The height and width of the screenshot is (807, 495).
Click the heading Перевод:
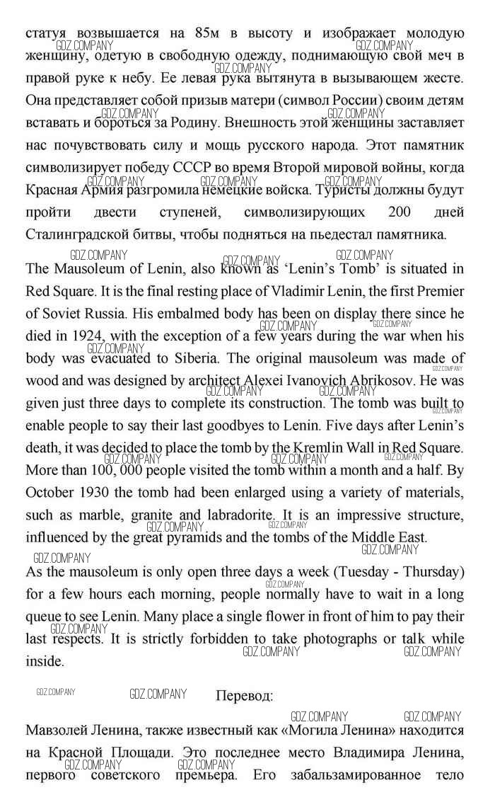coord(244,696)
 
